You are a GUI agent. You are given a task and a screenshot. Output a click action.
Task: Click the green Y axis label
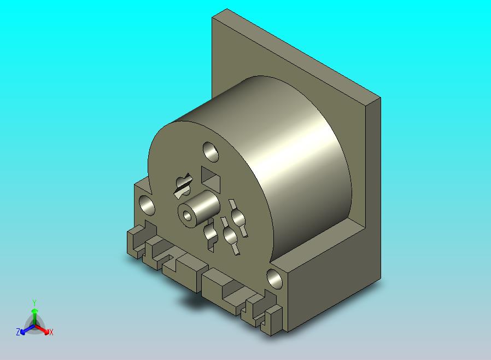(x=34, y=303)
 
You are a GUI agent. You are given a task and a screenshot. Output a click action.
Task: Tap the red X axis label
(x=51, y=332)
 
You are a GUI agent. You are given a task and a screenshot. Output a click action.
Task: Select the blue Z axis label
(x=18, y=332)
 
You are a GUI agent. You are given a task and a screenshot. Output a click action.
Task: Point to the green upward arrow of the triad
(x=34, y=316)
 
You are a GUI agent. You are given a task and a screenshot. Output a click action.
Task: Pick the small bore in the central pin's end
(x=187, y=216)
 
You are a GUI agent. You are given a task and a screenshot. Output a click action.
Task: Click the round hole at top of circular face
(x=211, y=152)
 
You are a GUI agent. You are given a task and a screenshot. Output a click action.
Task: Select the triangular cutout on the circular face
(x=211, y=178)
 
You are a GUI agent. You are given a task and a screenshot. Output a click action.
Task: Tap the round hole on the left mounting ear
(x=147, y=205)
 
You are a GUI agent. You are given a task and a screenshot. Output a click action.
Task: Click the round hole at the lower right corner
(x=274, y=279)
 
